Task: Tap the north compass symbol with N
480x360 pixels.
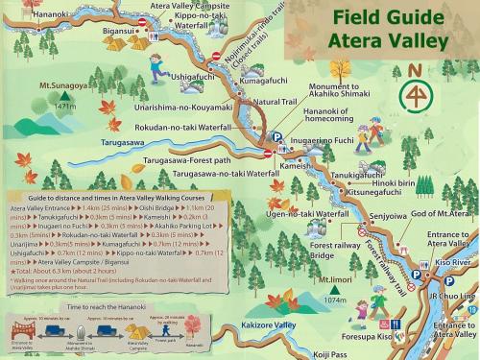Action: [x=414, y=90]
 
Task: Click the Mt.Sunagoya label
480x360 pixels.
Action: [x=62, y=86]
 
